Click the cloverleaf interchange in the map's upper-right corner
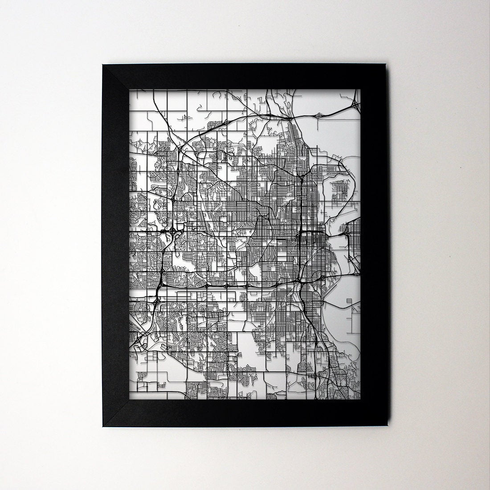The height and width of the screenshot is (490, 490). (355, 105)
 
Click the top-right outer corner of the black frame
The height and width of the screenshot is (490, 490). (382, 65)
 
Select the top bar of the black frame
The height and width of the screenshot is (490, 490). (243, 77)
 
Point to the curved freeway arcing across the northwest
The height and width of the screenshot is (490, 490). (200, 134)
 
